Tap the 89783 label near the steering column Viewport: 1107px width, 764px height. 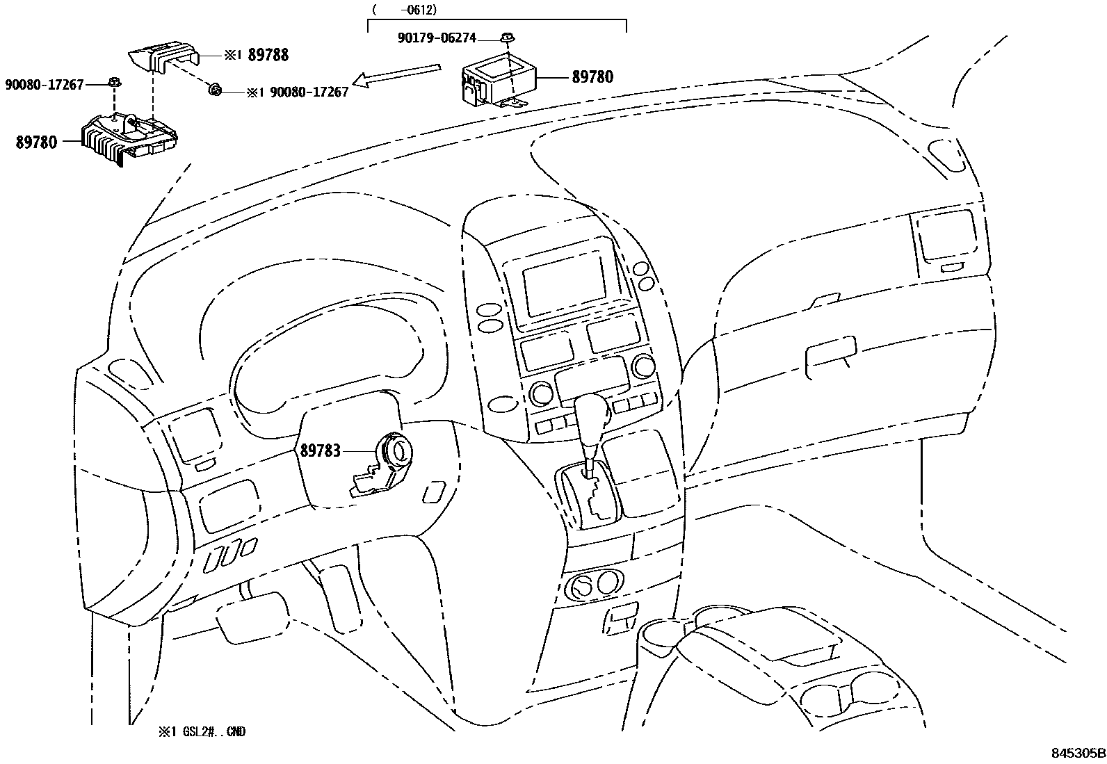pos(321,450)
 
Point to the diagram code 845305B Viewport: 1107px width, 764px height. pos(1078,753)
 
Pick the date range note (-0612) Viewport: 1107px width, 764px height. pos(404,10)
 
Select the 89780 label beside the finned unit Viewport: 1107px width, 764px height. pos(36,144)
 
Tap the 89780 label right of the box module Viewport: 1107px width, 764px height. pos(592,77)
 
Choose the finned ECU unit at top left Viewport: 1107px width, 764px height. pos(129,137)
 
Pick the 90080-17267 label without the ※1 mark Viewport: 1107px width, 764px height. pos(45,85)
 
